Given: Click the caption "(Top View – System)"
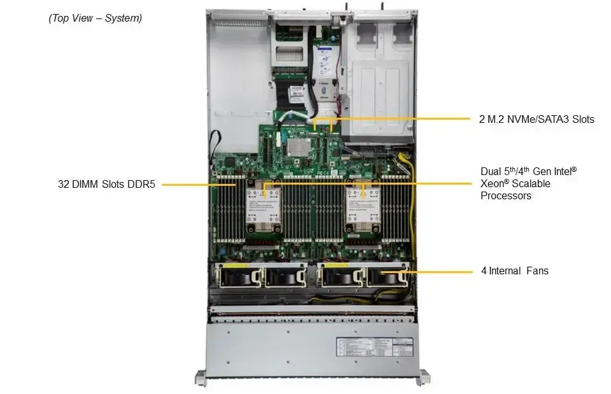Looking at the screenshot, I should pos(95,18).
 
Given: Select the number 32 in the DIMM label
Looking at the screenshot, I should pos(62,185).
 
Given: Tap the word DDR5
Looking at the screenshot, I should pos(141,185).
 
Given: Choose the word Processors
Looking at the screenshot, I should pos(506,196).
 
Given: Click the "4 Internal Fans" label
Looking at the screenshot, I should pos(514,271).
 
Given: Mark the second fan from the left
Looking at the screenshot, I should pos(285,276).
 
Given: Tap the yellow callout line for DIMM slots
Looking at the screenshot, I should pos(191,185).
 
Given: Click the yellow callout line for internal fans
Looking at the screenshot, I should pos(439,271).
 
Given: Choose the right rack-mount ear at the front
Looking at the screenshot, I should pos(423,377).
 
